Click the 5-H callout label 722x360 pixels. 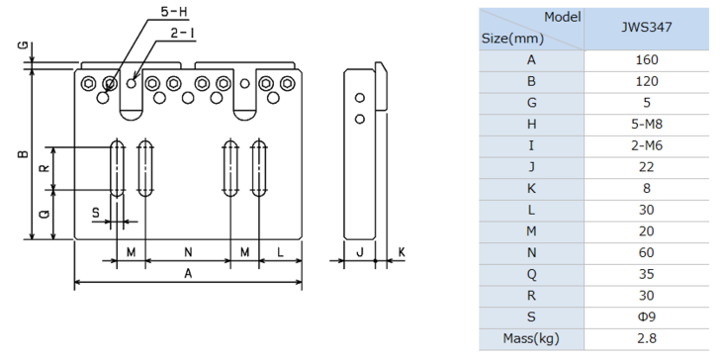(174, 12)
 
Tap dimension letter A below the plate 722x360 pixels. (188, 273)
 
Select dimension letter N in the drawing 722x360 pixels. (188, 252)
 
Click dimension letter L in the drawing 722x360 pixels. (281, 252)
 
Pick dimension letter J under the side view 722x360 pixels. (360, 252)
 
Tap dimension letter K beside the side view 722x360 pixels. (402, 252)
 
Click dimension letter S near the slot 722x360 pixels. (96, 213)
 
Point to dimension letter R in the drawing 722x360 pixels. (45, 168)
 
